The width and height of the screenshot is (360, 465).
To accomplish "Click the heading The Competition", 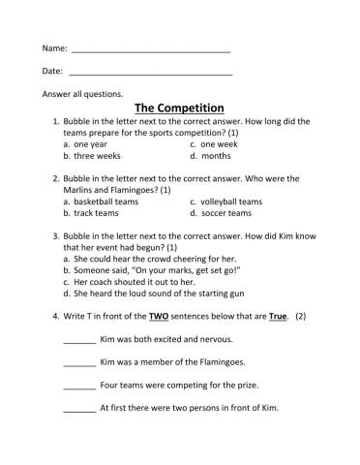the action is pos(179,108).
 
